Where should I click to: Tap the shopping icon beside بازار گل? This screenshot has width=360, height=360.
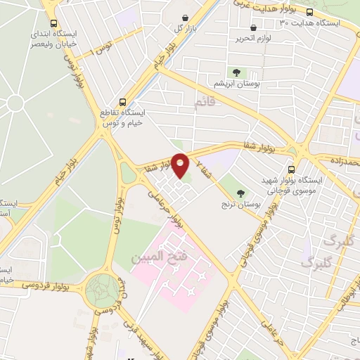click(x=185, y=18)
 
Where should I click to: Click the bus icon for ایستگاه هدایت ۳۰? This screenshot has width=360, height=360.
click(x=349, y=12)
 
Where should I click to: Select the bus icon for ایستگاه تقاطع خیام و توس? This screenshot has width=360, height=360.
click(x=123, y=102)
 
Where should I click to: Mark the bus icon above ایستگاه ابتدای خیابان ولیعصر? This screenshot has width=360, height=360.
click(x=53, y=23)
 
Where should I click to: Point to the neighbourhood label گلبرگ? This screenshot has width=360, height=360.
click(x=316, y=262)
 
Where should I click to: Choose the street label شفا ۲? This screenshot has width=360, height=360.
click(x=202, y=167)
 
